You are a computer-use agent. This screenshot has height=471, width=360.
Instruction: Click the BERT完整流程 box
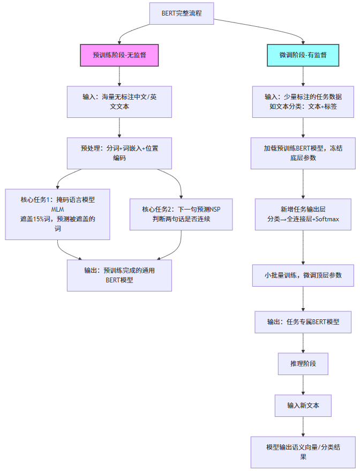pyautogui.click(x=182, y=13)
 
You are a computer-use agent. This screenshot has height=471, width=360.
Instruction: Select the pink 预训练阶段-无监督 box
pyautogui.click(x=119, y=55)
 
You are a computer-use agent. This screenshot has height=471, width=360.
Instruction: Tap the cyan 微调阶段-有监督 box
pyautogui.click(x=303, y=55)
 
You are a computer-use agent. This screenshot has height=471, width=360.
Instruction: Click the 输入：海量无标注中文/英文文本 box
pyautogui.click(x=119, y=102)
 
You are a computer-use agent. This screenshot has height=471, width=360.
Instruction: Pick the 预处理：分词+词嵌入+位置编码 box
pyautogui.click(x=119, y=153)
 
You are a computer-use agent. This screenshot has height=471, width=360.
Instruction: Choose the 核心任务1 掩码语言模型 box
pyautogui.click(x=57, y=214)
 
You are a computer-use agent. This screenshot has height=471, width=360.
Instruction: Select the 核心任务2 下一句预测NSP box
pyautogui.click(x=181, y=214)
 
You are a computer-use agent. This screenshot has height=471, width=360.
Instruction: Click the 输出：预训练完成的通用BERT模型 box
pyautogui.click(x=119, y=275)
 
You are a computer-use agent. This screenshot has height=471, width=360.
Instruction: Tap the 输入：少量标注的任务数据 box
pyautogui.click(x=303, y=102)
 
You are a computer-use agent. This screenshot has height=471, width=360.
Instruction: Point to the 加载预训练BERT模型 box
pyautogui.click(x=303, y=153)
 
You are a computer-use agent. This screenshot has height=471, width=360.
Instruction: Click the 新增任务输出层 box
pyautogui.click(x=303, y=214)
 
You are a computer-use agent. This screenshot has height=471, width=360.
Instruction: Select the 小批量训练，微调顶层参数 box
pyautogui.click(x=303, y=275)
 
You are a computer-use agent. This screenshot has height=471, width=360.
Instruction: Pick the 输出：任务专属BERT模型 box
pyautogui.click(x=303, y=322)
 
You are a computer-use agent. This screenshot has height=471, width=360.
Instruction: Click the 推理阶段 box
pyautogui.click(x=303, y=363)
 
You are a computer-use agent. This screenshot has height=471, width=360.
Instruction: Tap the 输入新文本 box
pyautogui.click(x=303, y=405)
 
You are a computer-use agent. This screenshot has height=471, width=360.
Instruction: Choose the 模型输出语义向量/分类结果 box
pyautogui.click(x=303, y=452)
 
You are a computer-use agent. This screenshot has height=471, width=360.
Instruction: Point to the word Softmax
pyautogui.click(x=328, y=219)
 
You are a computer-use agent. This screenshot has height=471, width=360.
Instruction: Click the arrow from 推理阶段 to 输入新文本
pyautogui.click(x=303, y=385)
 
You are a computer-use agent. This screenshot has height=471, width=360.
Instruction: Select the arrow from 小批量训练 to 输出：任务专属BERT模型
pyautogui.click(x=303, y=300)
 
